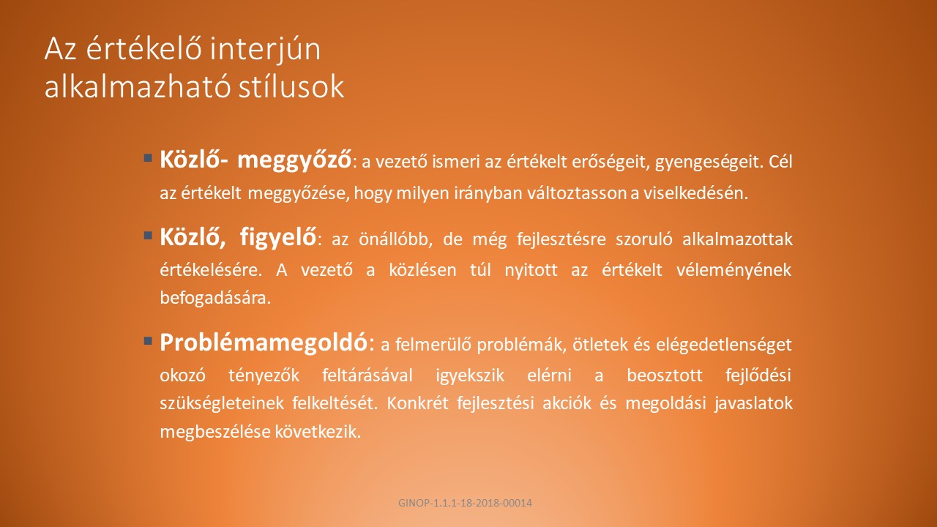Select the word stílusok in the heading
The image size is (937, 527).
pyautogui.click(x=291, y=87)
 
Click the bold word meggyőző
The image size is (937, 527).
pyautogui.click(x=294, y=160)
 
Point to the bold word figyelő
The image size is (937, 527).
pyautogui.click(x=278, y=238)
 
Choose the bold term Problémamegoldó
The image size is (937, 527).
pyautogui.click(x=264, y=343)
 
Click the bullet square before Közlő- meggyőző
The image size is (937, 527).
pyautogui.click(x=148, y=157)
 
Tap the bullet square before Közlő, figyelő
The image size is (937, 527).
pyautogui.click(x=148, y=235)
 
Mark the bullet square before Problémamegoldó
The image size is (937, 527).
pyautogui.click(x=148, y=340)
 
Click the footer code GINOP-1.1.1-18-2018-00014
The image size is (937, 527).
pyautogui.click(x=465, y=503)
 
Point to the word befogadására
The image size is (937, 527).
pyautogui.click(x=215, y=298)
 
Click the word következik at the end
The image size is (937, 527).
pyautogui.click(x=318, y=432)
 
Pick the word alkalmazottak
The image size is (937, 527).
pyautogui.click(x=737, y=239)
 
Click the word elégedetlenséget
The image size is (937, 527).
pyautogui.click(x=724, y=345)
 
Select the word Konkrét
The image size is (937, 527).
pyautogui.click(x=417, y=403)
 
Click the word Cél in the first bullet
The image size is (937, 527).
pyautogui.click(x=780, y=162)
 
